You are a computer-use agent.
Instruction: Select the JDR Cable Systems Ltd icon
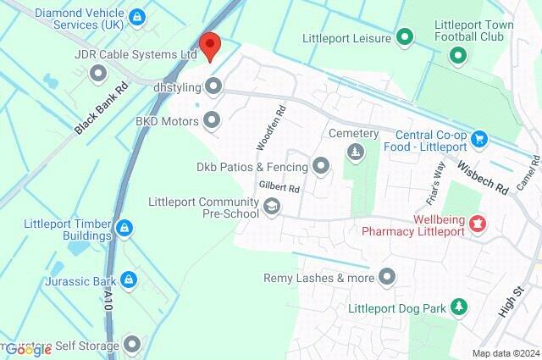[x=98, y=74]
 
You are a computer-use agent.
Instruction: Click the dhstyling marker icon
[x=213, y=86]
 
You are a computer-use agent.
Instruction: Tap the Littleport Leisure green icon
[x=405, y=37]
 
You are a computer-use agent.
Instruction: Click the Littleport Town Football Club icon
[x=457, y=56]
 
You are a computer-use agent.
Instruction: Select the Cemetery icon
[x=355, y=152]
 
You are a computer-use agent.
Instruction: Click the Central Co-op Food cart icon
[x=478, y=137]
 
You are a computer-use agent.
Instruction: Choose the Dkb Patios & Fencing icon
[x=321, y=166]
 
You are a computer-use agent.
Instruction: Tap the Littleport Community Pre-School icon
[x=272, y=207]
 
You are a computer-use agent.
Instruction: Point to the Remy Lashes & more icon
[x=387, y=277]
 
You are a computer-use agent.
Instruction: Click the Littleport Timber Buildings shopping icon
[x=124, y=227]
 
